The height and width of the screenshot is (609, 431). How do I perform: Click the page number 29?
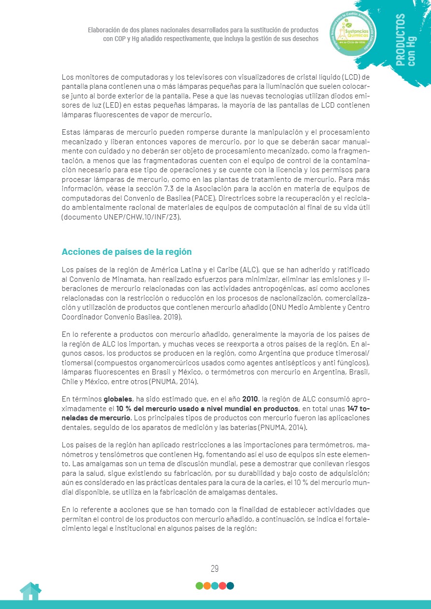click(x=215, y=568)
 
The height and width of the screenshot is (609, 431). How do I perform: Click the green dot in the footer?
click(x=199, y=586)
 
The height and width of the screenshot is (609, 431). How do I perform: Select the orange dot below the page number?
click(x=207, y=586)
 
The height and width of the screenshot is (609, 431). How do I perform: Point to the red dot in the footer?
click(x=222, y=586)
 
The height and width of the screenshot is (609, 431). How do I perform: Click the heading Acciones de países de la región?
click(x=127, y=252)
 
